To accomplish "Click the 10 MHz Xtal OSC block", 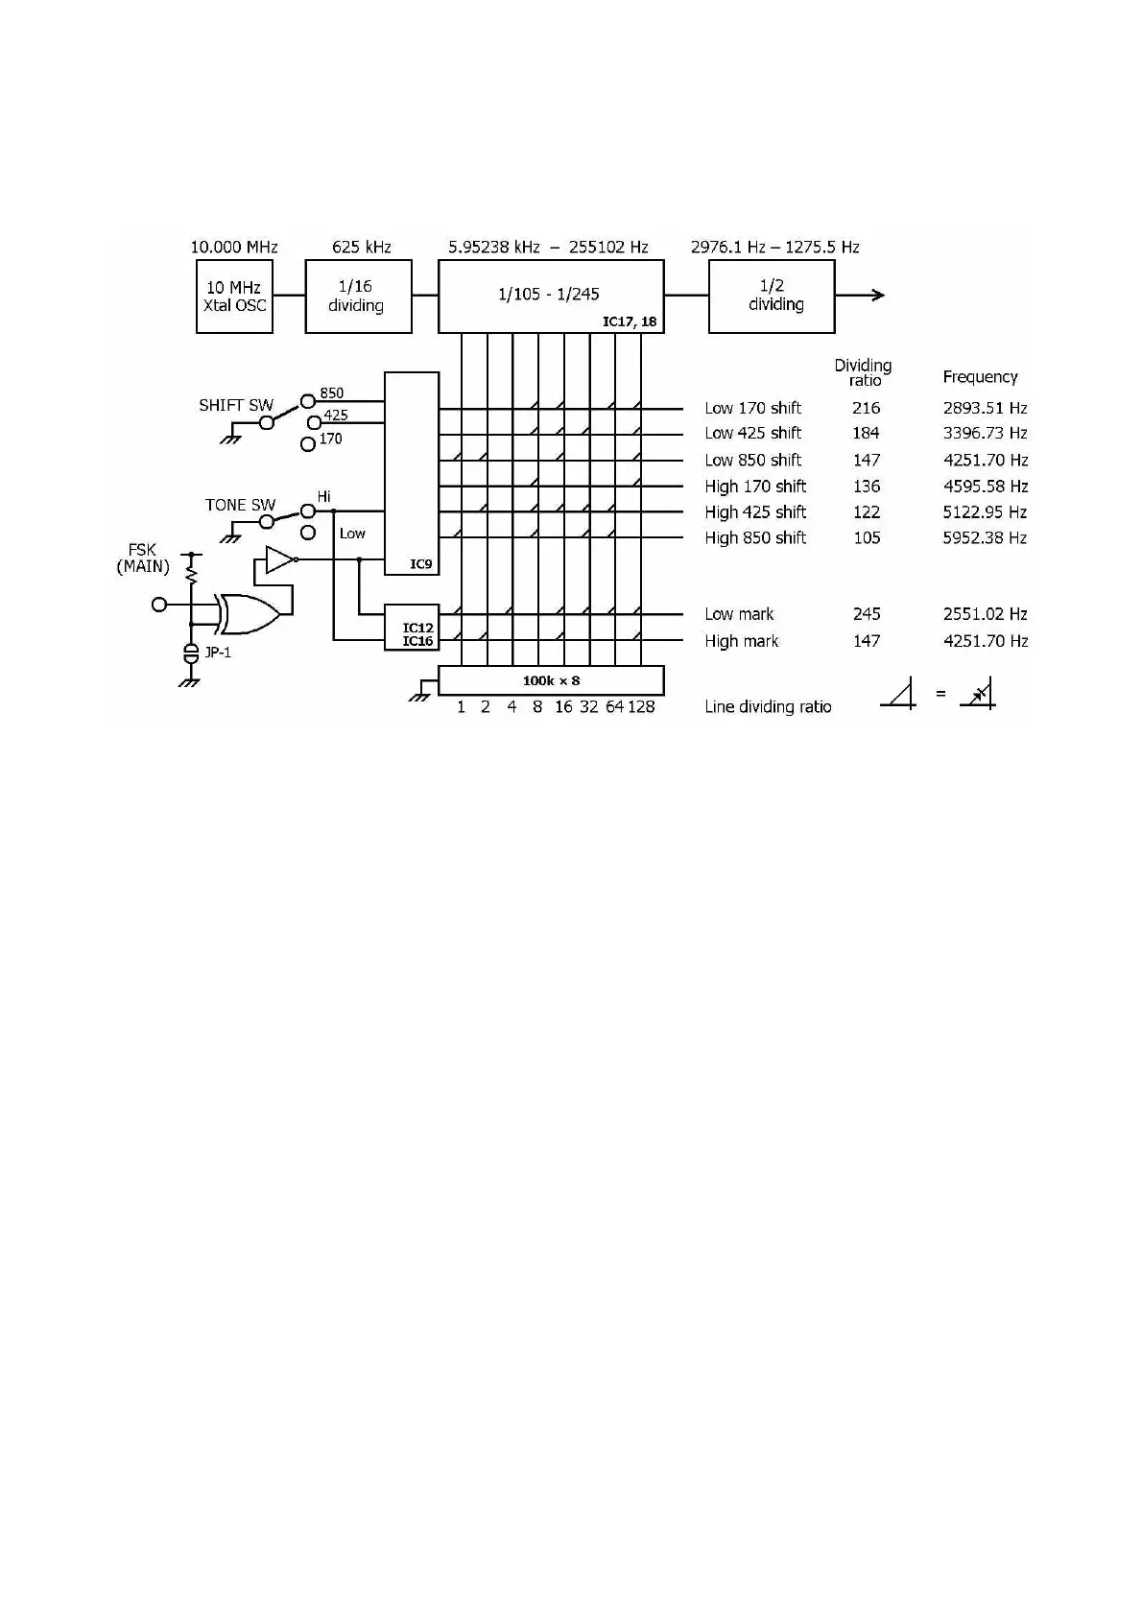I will [x=234, y=297].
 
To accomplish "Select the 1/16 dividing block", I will [x=358, y=297].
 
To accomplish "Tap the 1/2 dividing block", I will [x=771, y=296].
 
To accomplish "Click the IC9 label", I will [x=421, y=564].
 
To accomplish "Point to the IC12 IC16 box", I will [x=412, y=629].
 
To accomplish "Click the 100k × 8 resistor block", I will [x=550, y=680].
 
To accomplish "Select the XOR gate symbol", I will [x=248, y=613].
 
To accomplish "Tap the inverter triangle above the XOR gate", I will [x=278, y=559].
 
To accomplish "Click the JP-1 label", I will [x=219, y=654].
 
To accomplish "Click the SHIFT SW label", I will [x=236, y=405].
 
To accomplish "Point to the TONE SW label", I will [x=240, y=505].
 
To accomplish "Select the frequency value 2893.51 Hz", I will [x=985, y=408].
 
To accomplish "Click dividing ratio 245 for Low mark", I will [x=867, y=614].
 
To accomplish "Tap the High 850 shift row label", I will [x=755, y=538].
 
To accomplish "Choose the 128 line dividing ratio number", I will [x=641, y=707].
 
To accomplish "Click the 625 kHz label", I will [x=362, y=247].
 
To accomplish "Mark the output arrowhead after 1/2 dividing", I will [x=875, y=296].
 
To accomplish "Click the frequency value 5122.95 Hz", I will [x=985, y=512].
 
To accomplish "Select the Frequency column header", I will [x=980, y=377].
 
